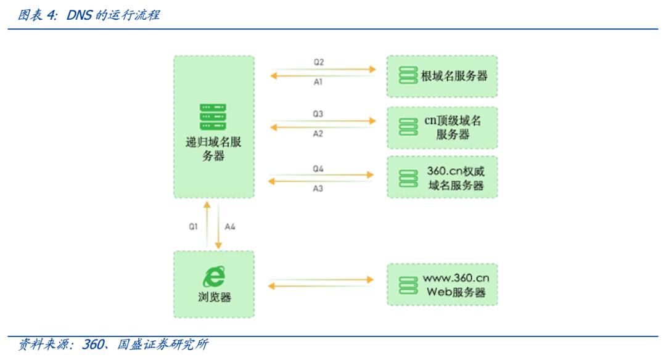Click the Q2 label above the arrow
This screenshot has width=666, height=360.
click(318, 62)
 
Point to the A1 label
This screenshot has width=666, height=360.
click(318, 83)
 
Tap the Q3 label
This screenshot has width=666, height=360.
click(318, 114)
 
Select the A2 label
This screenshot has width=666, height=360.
click(318, 134)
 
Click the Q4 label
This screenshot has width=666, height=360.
click(318, 168)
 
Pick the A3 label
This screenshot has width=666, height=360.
click(318, 188)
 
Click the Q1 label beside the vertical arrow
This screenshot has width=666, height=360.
click(193, 227)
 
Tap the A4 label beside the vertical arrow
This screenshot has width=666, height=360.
click(230, 227)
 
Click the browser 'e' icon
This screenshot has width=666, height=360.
click(213, 276)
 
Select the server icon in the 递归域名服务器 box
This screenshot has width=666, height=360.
click(213, 117)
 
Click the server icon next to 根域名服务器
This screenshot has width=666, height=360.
click(408, 76)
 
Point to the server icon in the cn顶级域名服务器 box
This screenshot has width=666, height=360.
click(408, 127)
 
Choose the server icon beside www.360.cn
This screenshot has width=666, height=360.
click(408, 284)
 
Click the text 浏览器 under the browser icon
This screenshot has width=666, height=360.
click(213, 297)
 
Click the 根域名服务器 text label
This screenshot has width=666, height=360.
click(454, 76)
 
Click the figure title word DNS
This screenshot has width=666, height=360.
click(79, 14)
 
